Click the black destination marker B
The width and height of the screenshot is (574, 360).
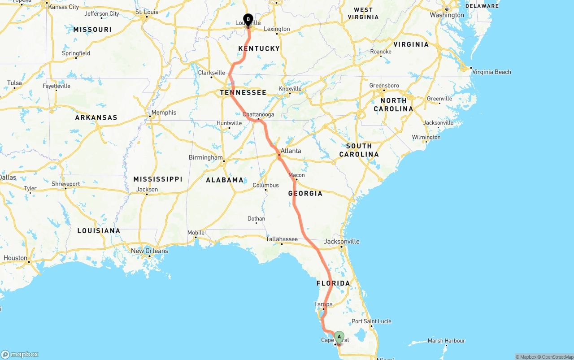[x=248, y=20]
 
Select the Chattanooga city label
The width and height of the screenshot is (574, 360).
[x=258, y=114]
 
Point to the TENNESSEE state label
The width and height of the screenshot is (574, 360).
[x=243, y=93]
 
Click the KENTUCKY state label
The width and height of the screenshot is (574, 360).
[x=259, y=48]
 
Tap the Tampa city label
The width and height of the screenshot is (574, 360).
[x=323, y=304]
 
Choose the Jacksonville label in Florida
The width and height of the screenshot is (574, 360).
[x=342, y=241]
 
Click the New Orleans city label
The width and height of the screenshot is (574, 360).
[x=149, y=251]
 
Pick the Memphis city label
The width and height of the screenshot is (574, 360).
[x=164, y=113]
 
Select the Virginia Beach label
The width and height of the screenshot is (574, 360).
[x=491, y=72]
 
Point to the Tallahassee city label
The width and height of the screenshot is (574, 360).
[x=282, y=239]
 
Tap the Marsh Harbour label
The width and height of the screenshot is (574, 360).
[x=446, y=341]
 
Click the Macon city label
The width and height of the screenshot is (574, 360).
[x=296, y=175]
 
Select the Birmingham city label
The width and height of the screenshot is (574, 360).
[x=205, y=158]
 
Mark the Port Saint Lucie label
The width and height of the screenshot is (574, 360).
[x=371, y=321]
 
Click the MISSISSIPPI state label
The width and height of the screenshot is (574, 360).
[x=158, y=179]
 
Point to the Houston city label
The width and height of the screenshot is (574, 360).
[x=15, y=258]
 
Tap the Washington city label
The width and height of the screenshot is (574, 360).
[x=447, y=15]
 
